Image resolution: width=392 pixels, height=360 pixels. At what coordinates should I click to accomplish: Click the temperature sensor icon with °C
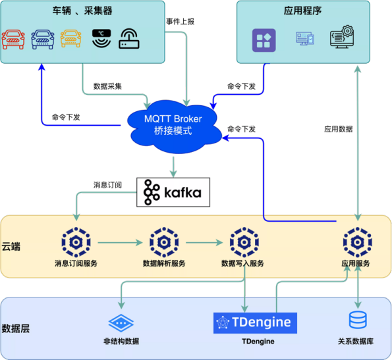click(x=101, y=39)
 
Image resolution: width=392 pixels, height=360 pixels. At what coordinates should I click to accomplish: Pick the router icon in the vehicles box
click(x=130, y=39)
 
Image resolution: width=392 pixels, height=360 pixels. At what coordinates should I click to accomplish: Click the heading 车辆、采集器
click(x=82, y=11)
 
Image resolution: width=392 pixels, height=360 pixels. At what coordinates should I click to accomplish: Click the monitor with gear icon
click(x=341, y=37)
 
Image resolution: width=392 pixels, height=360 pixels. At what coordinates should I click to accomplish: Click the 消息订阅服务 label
click(x=76, y=264)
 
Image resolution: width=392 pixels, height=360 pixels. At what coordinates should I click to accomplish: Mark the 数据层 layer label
click(x=15, y=328)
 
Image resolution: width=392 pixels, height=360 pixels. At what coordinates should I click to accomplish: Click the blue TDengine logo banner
click(x=256, y=322)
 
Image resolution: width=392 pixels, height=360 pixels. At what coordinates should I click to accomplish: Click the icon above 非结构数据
click(x=121, y=323)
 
